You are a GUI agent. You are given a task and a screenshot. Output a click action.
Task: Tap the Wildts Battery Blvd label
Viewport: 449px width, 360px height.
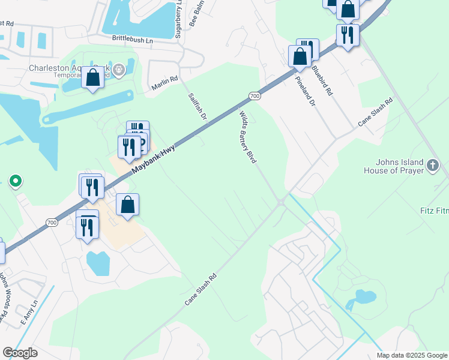(248, 137)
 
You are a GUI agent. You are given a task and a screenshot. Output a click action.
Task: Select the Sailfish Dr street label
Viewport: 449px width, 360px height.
(197, 106)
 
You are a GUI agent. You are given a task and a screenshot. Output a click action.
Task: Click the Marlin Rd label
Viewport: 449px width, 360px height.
(164, 83)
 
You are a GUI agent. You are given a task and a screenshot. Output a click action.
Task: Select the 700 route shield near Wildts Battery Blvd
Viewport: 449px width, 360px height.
(255, 96)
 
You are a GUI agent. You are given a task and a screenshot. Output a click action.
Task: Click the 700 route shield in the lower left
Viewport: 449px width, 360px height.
(52, 223)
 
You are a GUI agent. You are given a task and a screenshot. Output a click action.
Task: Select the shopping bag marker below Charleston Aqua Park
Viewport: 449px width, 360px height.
(93, 78)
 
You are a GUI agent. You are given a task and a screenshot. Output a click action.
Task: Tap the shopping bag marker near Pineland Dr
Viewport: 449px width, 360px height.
(300, 57)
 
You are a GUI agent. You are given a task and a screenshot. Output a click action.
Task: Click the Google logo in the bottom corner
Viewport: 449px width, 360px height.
(20, 353)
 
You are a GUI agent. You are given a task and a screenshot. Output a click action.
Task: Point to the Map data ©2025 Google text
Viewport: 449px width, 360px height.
(411, 355)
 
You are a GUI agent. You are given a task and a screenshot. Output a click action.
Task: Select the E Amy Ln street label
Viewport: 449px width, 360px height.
(28, 313)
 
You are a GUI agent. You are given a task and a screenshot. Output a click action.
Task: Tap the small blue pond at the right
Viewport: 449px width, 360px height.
(365, 296)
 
